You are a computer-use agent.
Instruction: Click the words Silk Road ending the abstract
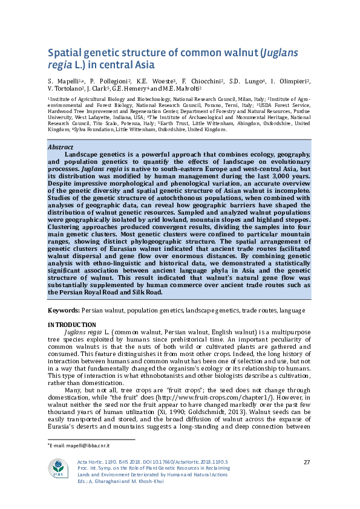click(x=148, y=292)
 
